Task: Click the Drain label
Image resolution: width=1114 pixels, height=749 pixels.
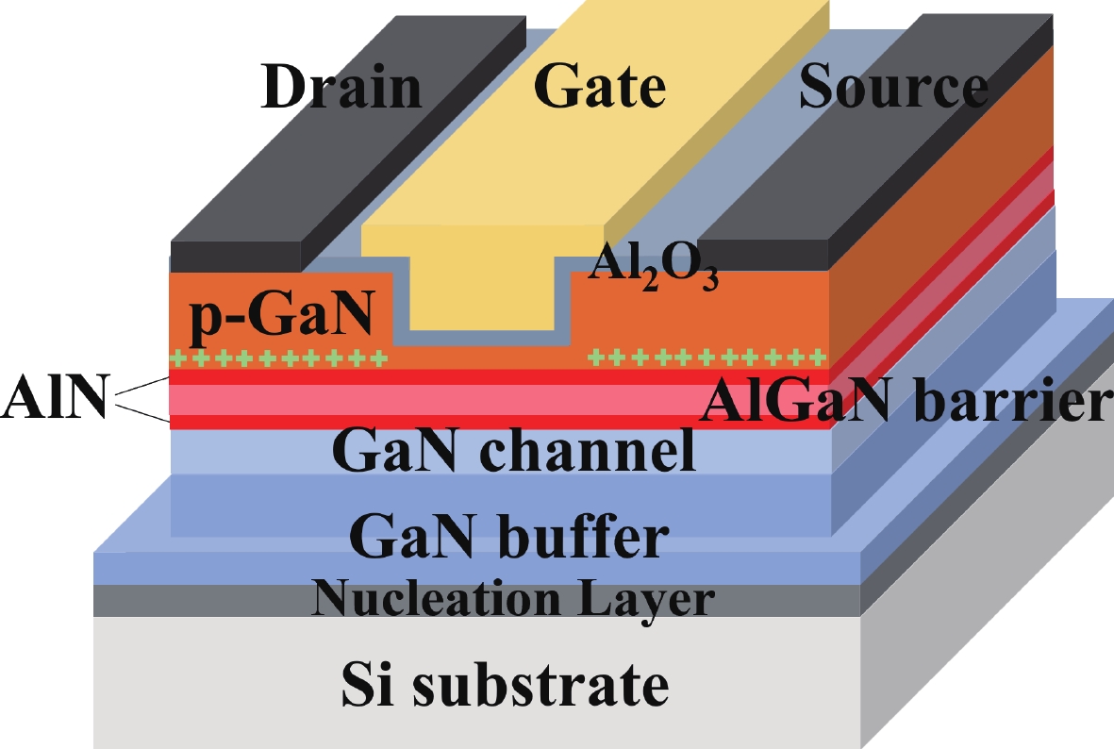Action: [x=341, y=88]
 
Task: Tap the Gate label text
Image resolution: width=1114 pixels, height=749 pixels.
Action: [x=600, y=88]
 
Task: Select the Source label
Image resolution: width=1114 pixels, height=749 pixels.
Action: [x=893, y=88]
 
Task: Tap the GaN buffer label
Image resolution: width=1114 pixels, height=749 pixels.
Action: [x=509, y=539]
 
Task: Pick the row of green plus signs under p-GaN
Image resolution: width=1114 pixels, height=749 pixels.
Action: [x=277, y=359]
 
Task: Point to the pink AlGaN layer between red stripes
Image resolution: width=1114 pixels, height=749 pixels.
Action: [x=424, y=400]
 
